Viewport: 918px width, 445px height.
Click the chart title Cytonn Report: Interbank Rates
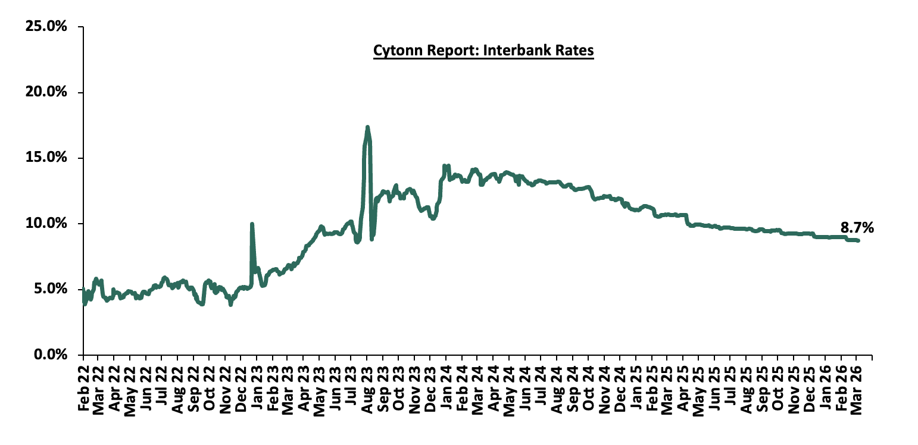point(483,51)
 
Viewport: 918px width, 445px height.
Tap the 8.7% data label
point(857,227)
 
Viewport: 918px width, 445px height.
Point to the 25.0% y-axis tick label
point(46,27)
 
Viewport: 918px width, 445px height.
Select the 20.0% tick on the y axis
point(46,92)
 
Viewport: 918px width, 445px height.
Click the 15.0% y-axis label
point(46,158)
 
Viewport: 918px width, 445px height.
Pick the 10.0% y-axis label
point(46,224)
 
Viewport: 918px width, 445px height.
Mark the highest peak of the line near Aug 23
point(367,127)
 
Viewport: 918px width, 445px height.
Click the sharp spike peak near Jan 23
point(252,224)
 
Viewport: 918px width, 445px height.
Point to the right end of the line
point(858,240)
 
